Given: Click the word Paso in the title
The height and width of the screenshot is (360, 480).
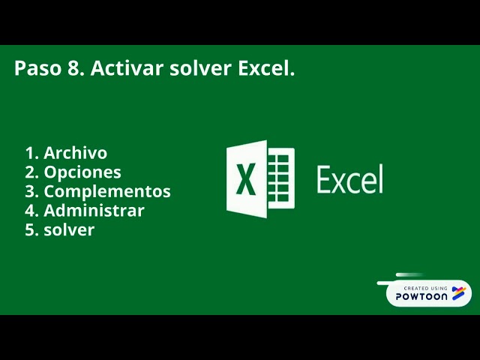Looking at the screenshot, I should pyautogui.click(x=35, y=69).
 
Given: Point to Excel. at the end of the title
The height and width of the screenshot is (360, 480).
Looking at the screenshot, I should pyautogui.click(x=266, y=69).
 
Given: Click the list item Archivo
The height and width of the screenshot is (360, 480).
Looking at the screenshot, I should pyautogui.click(x=75, y=153).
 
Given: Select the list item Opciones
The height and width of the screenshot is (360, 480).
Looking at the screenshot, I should pyautogui.click(x=82, y=172).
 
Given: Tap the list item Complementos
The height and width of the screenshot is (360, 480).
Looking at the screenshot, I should pyautogui.click(x=106, y=191).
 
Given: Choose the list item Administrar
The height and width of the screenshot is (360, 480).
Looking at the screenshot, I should pyautogui.click(x=94, y=211).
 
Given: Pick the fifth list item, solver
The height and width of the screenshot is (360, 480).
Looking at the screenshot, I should pyautogui.click(x=69, y=229).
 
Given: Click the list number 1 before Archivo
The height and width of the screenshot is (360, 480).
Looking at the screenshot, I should pyautogui.click(x=31, y=153).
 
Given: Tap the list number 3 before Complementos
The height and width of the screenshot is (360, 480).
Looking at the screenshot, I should pyautogui.click(x=31, y=191).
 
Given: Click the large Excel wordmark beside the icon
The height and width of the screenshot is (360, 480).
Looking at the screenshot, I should pyautogui.click(x=349, y=179).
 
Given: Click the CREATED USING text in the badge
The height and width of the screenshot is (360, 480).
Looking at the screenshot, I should pyautogui.click(x=424, y=288).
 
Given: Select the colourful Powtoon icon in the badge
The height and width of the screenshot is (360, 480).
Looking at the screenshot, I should pyautogui.click(x=458, y=292).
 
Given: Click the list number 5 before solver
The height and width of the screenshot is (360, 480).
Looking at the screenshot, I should pyautogui.click(x=31, y=229).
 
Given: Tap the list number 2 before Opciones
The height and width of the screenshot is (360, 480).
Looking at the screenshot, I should pyautogui.click(x=31, y=172).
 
